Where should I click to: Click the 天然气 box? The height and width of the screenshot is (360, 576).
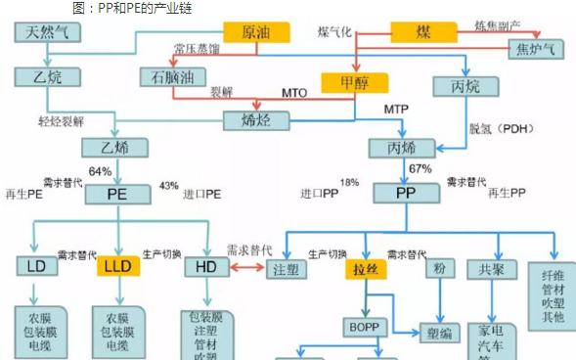pos(45,32)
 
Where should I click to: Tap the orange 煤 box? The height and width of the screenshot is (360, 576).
pos(424,31)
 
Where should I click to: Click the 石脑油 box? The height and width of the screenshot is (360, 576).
pos(168,76)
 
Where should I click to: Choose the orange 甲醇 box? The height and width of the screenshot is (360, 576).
pos(355,83)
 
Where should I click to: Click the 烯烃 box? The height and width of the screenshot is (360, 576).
pos(251,120)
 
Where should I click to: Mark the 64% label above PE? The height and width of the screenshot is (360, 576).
pos(100,172)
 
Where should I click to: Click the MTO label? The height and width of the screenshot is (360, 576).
pos(294,94)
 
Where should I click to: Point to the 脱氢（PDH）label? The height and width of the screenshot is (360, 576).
pos(501,127)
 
